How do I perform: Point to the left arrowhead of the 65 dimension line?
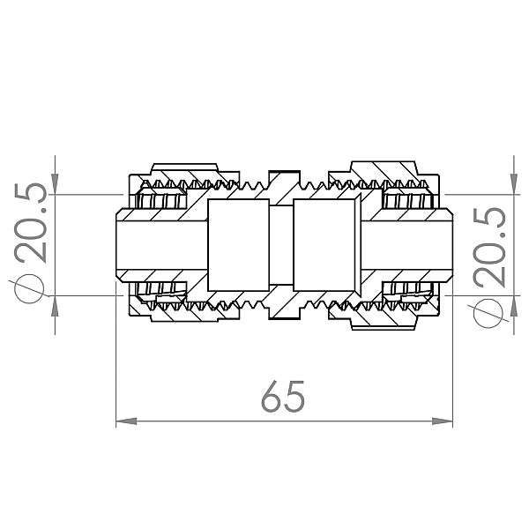124,422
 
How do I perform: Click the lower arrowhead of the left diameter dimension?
56,302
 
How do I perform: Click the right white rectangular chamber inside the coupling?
325,244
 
